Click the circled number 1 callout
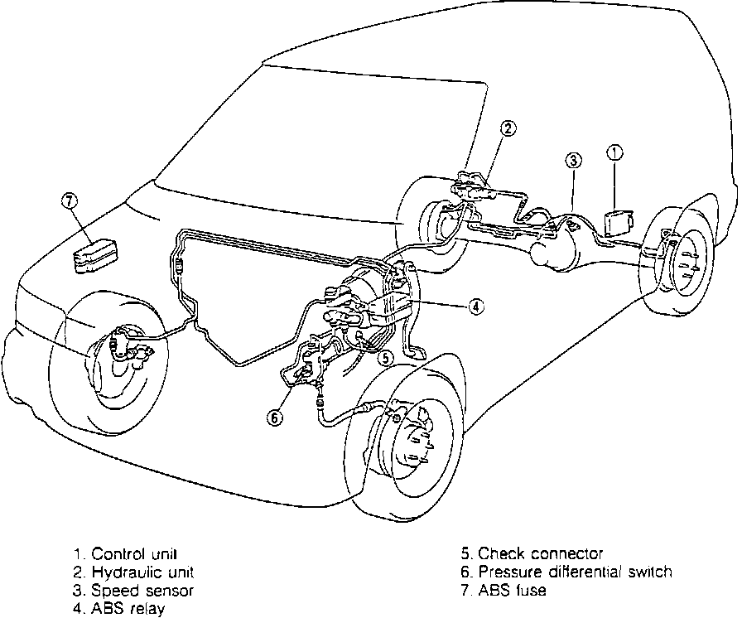click(x=614, y=152)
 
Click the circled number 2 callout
click(x=508, y=128)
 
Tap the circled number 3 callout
click(x=573, y=160)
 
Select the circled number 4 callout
click(x=475, y=307)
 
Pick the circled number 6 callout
click(x=274, y=418)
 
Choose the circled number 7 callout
click(x=70, y=200)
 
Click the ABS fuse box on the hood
click(x=94, y=254)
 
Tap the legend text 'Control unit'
click(x=135, y=553)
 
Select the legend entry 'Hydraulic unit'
click(x=142, y=572)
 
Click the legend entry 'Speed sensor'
click(x=142, y=591)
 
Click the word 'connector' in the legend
click(x=562, y=553)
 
